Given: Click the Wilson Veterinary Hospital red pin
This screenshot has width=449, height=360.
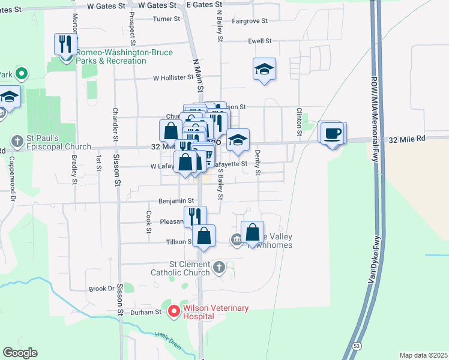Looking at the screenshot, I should (174, 311).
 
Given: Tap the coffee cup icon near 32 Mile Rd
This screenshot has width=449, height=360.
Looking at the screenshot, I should (331, 133).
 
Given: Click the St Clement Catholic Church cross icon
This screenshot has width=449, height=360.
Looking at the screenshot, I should (219, 266).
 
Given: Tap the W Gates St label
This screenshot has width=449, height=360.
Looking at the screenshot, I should (106, 5).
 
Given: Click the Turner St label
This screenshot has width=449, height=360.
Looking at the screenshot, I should (166, 19).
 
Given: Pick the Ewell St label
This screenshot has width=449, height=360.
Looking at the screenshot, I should (260, 41).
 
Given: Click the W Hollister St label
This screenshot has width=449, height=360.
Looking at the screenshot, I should (172, 78).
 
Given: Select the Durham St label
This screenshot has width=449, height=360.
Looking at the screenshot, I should (151, 312).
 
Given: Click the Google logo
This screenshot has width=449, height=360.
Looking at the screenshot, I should (20, 353).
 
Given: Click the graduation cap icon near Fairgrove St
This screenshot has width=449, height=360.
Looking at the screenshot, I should (264, 69).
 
